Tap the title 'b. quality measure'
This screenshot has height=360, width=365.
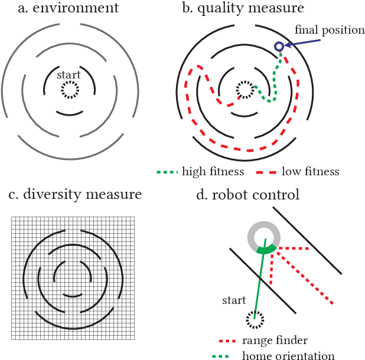[x=245, y=8]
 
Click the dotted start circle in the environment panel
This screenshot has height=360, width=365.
[x=69, y=90]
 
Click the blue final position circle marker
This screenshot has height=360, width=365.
[x=279, y=46]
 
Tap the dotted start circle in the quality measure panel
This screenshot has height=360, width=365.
[x=244, y=90]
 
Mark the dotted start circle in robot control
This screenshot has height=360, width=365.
[x=255, y=320]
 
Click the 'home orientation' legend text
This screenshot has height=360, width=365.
[x=289, y=355]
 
